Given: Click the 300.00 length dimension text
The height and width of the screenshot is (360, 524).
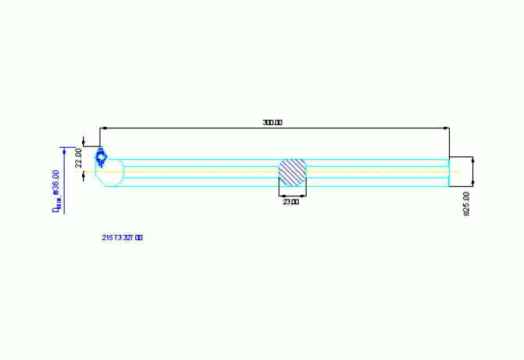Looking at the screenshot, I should [272, 123].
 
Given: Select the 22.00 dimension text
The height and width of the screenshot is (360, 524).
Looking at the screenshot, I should [78, 159].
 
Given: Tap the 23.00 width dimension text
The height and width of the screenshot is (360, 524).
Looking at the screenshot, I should [291, 202].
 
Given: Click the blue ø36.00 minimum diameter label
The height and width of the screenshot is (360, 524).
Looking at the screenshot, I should [56, 191].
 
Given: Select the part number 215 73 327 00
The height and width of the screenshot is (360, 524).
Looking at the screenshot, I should [122, 236].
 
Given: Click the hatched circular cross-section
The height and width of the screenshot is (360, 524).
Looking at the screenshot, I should [293, 172].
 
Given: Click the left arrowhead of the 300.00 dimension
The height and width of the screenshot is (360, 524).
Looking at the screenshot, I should [103, 128].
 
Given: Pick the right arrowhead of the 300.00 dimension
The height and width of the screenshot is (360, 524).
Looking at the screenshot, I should [447, 128].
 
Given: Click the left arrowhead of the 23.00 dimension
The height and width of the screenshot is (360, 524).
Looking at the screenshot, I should [282, 196].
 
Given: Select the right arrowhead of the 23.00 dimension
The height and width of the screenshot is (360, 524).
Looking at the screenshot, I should [303, 196].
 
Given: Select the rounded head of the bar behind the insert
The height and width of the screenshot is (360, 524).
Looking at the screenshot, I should [113, 174].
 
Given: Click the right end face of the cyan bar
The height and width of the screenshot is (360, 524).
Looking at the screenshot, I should [450, 172].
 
